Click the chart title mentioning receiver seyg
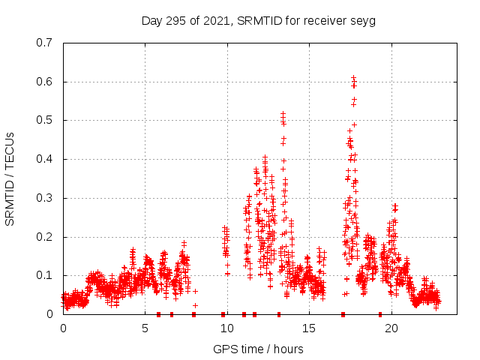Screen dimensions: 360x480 pos(258,20)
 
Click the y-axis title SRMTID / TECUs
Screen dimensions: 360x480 pos(10,178)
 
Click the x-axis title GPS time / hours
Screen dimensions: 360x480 pos(258,349)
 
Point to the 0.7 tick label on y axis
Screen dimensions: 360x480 pos(45,43)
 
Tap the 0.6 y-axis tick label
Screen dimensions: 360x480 pos(45,82)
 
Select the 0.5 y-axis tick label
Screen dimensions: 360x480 pos(45,120)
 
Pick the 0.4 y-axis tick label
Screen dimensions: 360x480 pos(45,159)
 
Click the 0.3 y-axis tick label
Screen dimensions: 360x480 pos(45,198)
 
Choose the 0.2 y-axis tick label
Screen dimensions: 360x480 pos(45,237)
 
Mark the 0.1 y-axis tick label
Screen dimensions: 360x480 pos(45,275)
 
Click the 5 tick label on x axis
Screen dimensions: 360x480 pos(145,328)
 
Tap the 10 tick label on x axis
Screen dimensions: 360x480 pos(227,328)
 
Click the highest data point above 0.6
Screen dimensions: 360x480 pos(354,78)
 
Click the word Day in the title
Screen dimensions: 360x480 pos(152,20)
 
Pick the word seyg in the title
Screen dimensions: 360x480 pos(362,21)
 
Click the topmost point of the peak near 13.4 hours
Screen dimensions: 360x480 pos(283,114)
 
